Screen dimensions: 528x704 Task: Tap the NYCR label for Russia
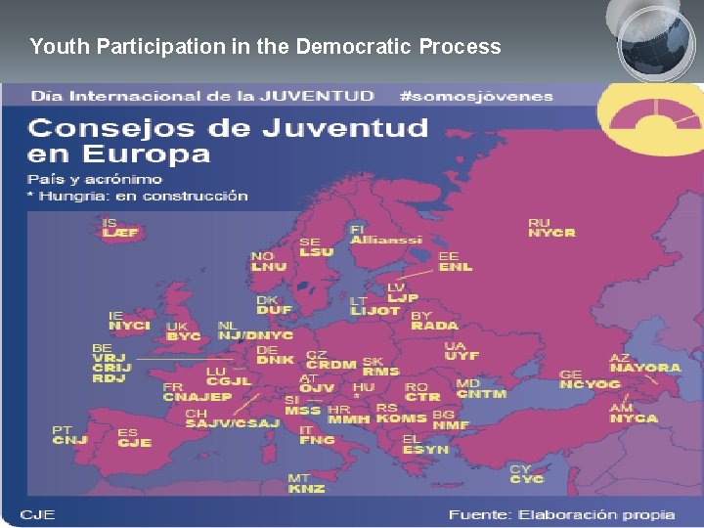[x=551, y=233]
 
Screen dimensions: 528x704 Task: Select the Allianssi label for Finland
[x=386, y=240]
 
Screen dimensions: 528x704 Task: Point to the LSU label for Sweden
[x=316, y=251]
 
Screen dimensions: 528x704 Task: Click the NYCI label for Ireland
[x=129, y=326]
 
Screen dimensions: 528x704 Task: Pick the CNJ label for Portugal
[x=69, y=440]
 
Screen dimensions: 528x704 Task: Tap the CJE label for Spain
[x=134, y=443]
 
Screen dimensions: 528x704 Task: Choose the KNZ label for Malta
[x=306, y=488]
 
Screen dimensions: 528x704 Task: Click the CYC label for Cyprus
[x=527, y=479]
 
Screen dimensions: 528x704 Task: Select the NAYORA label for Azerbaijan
[x=644, y=368]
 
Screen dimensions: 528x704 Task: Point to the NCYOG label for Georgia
[x=590, y=384]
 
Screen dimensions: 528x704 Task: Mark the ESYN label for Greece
[x=425, y=449]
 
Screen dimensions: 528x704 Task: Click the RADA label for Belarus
[x=434, y=326]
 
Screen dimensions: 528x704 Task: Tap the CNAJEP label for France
[x=197, y=397]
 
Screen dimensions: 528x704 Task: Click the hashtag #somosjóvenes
[x=476, y=96]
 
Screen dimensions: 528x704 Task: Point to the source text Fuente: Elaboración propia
[x=561, y=514]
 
